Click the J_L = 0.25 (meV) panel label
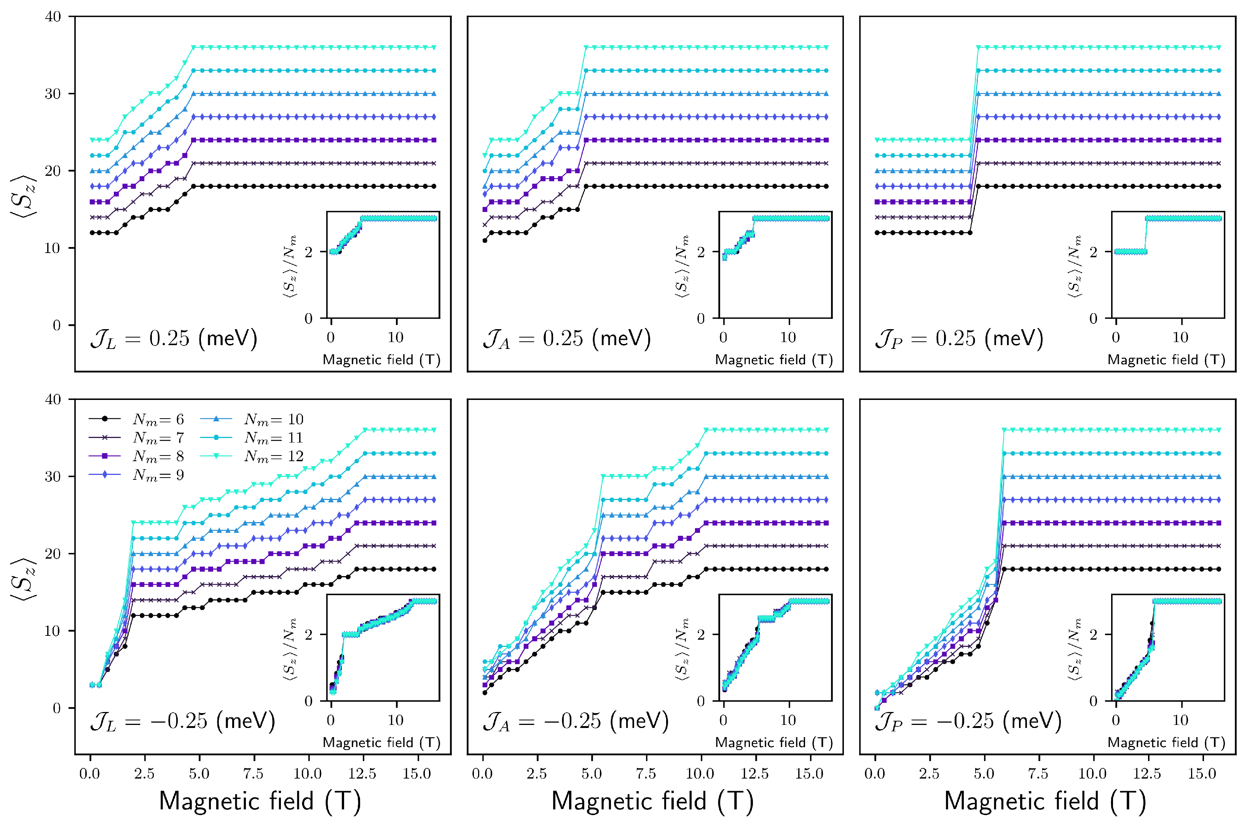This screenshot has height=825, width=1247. coord(174,339)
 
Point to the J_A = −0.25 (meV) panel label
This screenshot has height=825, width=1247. coord(575,722)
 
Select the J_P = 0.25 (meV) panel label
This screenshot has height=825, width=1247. coord(959,339)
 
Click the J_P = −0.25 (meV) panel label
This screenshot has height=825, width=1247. coord(968,722)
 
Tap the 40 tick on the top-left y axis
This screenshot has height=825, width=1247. coord(53,17)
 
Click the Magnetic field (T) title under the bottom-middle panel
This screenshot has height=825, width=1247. coord(652,801)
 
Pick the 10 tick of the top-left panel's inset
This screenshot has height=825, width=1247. coord(395,337)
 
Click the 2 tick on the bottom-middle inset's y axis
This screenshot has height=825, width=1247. coord(701,634)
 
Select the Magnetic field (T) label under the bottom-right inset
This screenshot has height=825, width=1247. coord(1166,742)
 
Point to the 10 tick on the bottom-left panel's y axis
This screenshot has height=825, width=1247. coord(53,631)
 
